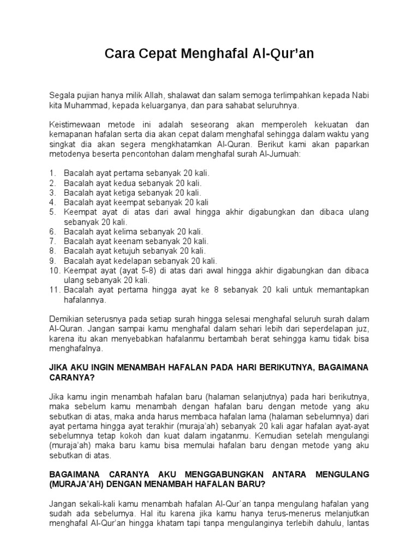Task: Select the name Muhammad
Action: [87, 105]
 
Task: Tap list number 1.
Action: [52, 173]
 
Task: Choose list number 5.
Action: [52, 212]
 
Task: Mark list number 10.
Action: [54, 271]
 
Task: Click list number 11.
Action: [54, 290]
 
